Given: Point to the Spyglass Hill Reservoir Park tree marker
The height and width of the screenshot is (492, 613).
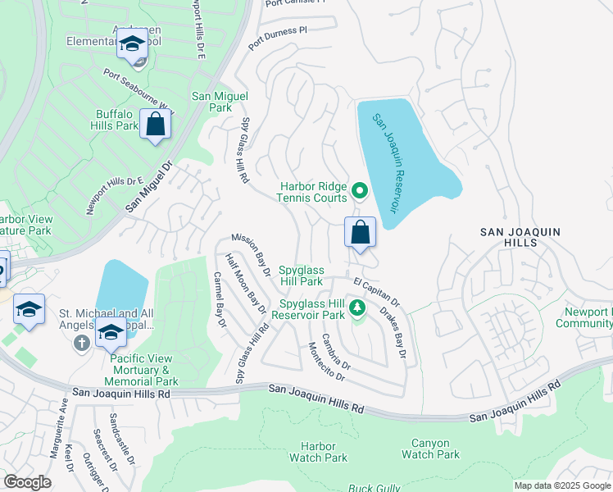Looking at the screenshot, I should (x=356, y=308).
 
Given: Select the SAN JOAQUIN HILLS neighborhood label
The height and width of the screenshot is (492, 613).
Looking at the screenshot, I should (x=520, y=238).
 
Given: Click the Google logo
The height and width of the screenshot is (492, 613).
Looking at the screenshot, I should (x=27, y=481).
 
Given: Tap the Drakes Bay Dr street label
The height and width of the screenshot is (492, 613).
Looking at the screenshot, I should (x=393, y=332).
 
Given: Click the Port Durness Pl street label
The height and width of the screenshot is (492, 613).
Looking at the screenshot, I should (x=278, y=39).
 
